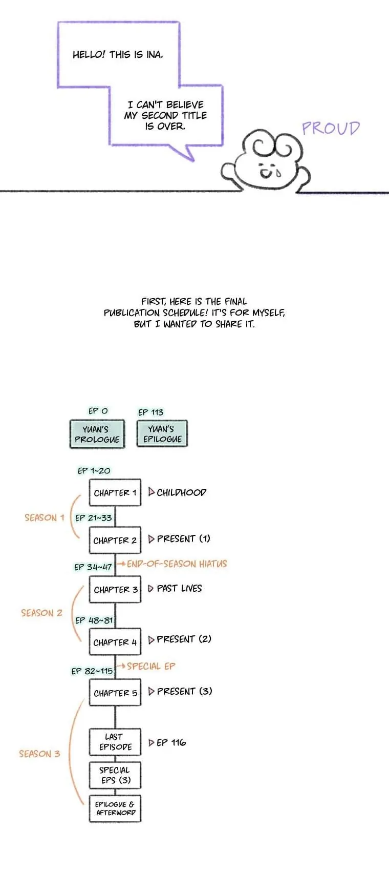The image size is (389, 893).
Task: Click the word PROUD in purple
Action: pos(331,128)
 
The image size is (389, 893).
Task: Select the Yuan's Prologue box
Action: pos(97,434)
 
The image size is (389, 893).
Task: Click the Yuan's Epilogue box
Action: pos(162,434)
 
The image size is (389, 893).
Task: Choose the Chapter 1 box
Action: pos(115,493)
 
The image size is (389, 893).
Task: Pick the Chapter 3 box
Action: pos(115,590)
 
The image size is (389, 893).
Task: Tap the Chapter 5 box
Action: pos(115,693)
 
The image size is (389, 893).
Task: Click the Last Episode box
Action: pos(115,742)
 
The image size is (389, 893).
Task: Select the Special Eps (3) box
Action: pos(115,775)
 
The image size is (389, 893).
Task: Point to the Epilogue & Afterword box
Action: pos(115,808)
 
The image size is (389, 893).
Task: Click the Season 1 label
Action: pos(45,517)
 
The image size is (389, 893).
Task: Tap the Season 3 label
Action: pos(39,754)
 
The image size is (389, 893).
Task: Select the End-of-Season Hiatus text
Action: pos(177,564)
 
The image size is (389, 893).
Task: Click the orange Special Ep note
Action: pos(151,666)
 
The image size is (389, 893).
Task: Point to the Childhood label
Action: pos(181,492)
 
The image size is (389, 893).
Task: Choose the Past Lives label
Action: pos(179,588)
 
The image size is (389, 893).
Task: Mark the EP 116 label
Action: pos(171,742)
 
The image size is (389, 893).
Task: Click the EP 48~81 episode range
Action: pos(94,620)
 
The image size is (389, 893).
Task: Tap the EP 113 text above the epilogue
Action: pos(151,412)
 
